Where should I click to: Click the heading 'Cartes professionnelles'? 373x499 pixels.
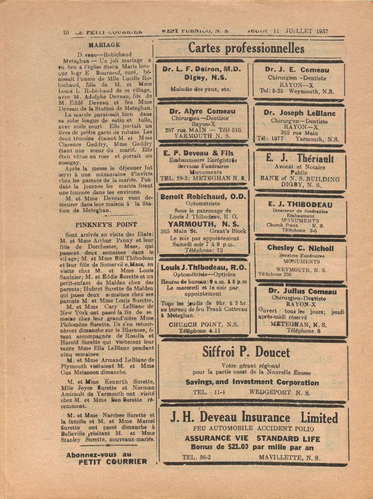[x=246, y=48]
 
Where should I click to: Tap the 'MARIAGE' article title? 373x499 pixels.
[x=104, y=45]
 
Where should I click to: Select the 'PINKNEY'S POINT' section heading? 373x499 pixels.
[x=104, y=224]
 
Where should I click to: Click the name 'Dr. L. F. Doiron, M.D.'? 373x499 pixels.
[x=202, y=69]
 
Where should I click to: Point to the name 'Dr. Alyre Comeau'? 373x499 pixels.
[x=202, y=111]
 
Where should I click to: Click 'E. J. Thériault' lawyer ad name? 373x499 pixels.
[x=300, y=158]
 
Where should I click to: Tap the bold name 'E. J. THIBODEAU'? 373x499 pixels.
[x=300, y=204]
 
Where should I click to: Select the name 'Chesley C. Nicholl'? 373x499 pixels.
[x=300, y=248]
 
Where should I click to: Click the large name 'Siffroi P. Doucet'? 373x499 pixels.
[x=246, y=352]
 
